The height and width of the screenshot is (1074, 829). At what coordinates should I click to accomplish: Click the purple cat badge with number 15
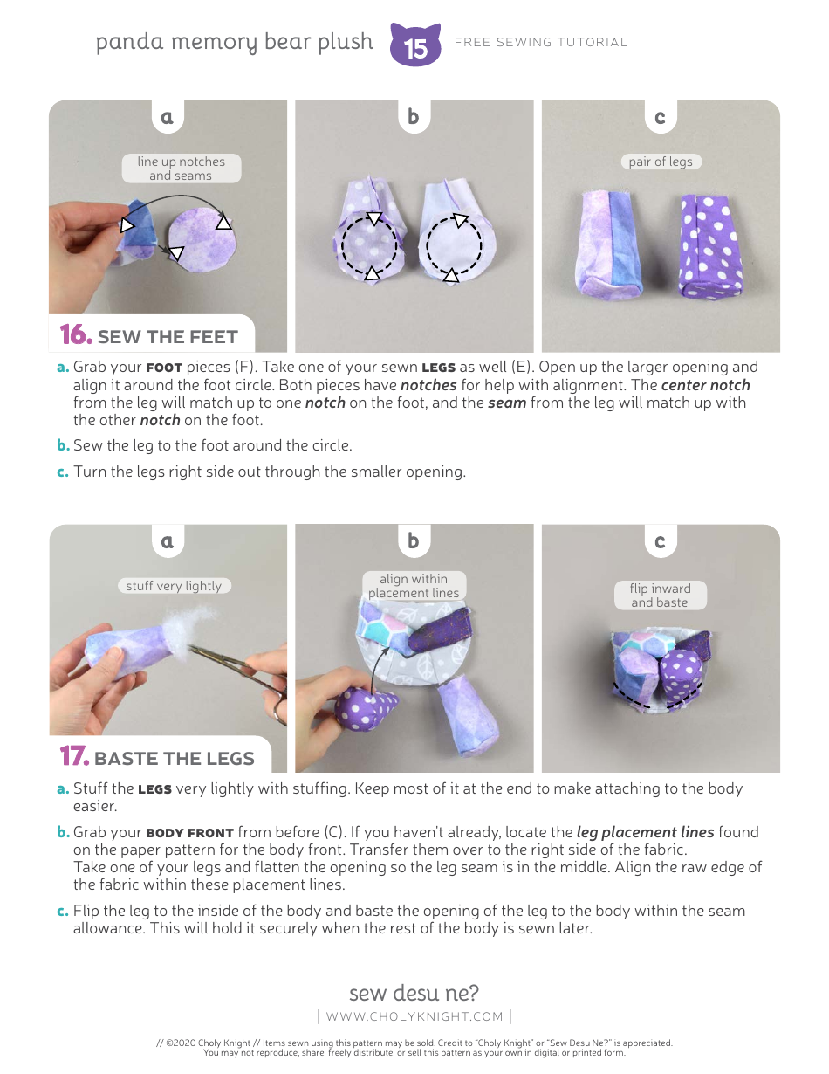coord(415,45)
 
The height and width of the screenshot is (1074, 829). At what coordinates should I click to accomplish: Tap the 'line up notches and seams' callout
coord(181,169)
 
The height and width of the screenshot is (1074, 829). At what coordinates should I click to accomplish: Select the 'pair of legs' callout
coord(661,162)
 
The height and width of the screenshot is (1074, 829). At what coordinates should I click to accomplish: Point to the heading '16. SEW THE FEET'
coord(149,336)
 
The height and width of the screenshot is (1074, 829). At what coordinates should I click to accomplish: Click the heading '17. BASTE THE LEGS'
coord(158,757)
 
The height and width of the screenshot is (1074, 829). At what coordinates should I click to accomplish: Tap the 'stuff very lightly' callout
coord(174,586)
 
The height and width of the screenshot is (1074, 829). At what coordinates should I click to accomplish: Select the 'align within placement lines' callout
coord(414,586)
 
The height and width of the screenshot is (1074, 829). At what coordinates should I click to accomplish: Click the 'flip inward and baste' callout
coord(660,596)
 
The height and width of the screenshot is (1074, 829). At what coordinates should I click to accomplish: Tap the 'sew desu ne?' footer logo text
coord(414,993)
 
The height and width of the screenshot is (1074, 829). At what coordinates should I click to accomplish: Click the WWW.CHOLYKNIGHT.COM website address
coord(414,1016)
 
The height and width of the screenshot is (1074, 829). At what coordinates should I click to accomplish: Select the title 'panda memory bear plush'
coord(235,42)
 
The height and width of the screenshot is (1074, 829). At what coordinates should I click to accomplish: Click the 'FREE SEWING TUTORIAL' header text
coord(541,42)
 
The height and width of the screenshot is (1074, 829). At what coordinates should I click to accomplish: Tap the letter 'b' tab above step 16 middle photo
coord(414,116)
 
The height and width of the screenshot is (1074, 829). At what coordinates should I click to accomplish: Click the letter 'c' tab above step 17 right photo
coord(660,541)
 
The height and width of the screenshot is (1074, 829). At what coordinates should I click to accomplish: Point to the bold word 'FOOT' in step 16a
coord(164,368)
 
